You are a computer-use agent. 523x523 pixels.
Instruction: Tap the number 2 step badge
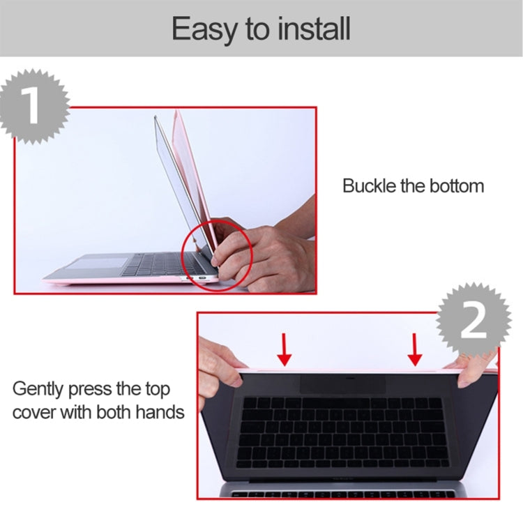474,320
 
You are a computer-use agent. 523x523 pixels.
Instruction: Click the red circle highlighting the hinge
217,255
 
